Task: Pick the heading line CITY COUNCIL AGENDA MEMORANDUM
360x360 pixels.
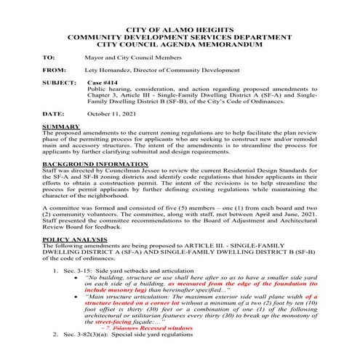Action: tap(180, 43)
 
